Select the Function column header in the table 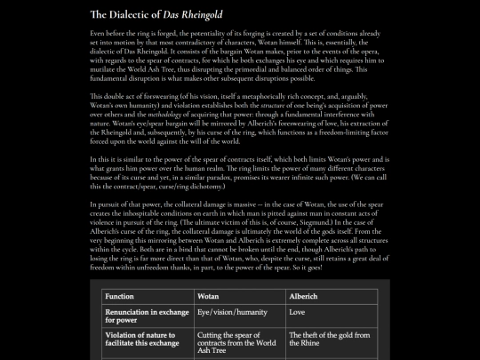click(x=120, y=295)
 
